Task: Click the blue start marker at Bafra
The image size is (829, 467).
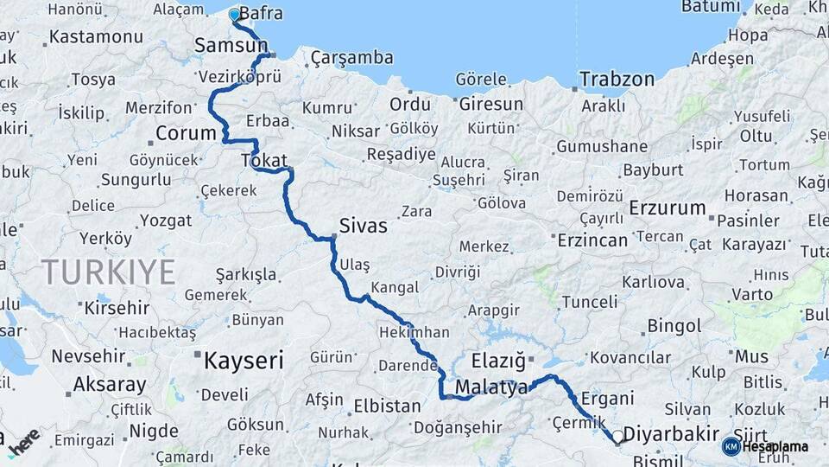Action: pyautogui.click(x=234, y=15)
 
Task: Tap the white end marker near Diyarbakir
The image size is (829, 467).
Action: pyautogui.click(x=618, y=438)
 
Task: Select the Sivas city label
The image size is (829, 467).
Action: pyautogui.click(x=363, y=227)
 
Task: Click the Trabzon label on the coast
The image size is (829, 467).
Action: pyautogui.click(x=617, y=79)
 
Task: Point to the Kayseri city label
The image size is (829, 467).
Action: pyautogui.click(x=243, y=361)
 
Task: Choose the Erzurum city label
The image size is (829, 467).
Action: pyautogui.click(x=668, y=208)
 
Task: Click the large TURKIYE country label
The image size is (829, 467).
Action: pyautogui.click(x=109, y=272)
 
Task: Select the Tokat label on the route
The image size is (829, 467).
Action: pyautogui.click(x=264, y=160)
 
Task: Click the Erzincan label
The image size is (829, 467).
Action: pyautogui.click(x=592, y=240)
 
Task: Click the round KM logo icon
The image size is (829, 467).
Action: pyautogui.click(x=731, y=447)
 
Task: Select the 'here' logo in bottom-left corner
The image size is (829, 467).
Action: pyautogui.click(x=23, y=441)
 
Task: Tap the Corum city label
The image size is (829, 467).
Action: pyautogui.click(x=185, y=133)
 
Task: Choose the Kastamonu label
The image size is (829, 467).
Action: pyautogui.click(x=96, y=37)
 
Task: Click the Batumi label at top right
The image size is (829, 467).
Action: pyautogui.click(x=712, y=7)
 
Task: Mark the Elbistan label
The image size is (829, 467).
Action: pyautogui.click(x=386, y=405)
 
